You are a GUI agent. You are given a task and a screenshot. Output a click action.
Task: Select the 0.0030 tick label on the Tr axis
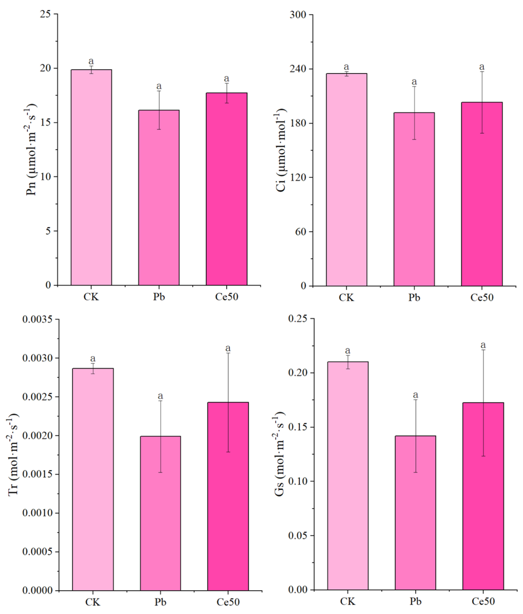pos(37,358)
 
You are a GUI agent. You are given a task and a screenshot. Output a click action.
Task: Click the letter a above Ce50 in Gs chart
pos(483,345)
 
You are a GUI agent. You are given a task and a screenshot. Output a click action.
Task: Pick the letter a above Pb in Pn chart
pos(159,86)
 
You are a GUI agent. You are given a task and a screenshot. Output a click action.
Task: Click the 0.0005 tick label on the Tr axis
pos(37,552)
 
